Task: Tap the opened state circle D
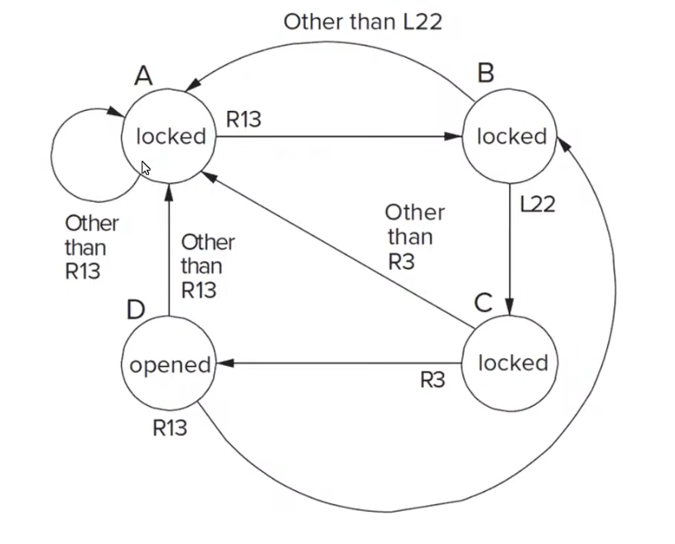pyautogui.click(x=169, y=365)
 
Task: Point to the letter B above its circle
pyautogui.click(x=485, y=74)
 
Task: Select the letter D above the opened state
pyautogui.click(x=136, y=309)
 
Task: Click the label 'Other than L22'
pyautogui.click(x=363, y=22)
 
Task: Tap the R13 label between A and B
pyautogui.click(x=243, y=120)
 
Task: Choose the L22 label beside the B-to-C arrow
pyautogui.click(x=537, y=205)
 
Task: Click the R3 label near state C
pyautogui.click(x=432, y=380)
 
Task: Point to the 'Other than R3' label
pyautogui.click(x=412, y=238)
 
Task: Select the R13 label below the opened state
pyautogui.click(x=170, y=428)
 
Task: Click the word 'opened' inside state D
pyautogui.click(x=169, y=365)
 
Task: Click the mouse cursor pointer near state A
pyautogui.click(x=146, y=168)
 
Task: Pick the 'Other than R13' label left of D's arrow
pyautogui.click(x=207, y=266)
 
